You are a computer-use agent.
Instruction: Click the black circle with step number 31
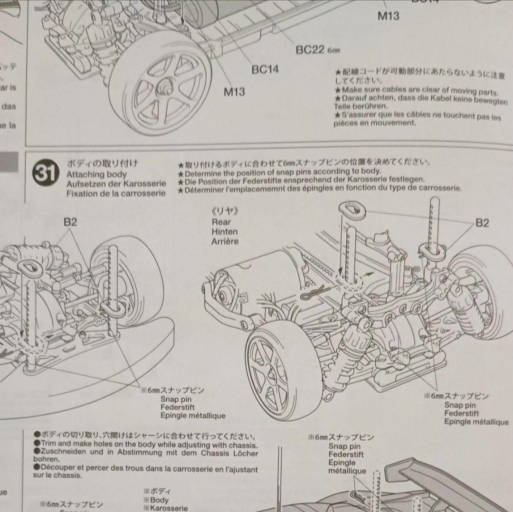46,172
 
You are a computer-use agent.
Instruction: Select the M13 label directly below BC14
234,91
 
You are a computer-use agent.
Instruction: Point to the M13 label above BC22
388,16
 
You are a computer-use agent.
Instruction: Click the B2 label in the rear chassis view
482,223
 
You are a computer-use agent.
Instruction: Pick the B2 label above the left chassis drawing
70,221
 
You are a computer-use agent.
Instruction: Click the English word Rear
221,222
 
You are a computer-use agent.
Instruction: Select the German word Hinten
224,232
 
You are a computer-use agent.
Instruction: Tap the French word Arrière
225,241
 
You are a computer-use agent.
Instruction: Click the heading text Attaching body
96,174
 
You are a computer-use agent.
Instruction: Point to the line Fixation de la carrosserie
116,193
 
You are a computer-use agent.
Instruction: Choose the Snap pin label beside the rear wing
344,446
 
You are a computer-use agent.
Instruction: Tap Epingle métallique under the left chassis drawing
192,416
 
